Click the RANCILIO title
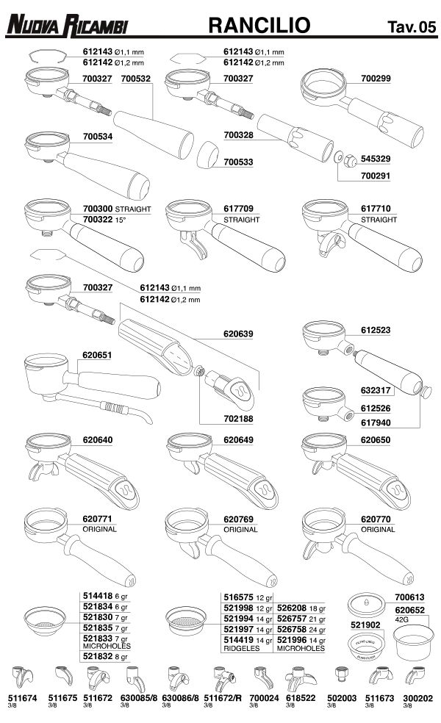[x=259, y=25]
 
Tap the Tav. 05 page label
[x=412, y=26]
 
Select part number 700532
[x=136, y=79]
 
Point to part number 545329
[x=376, y=159]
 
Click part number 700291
[x=376, y=176]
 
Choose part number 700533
[x=238, y=162]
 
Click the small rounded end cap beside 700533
[x=207, y=155]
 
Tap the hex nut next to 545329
[x=351, y=160]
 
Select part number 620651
[x=97, y=355]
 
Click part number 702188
[x=238, y=419]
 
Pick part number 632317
[x=376, y=390]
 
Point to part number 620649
[x=238, y=440]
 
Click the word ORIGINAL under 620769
[x=240, y=530]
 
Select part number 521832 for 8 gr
[x=98, y=656]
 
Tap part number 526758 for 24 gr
[x=292, y=630]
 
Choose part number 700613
[x=409, y=597]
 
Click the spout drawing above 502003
[x=341, y=674]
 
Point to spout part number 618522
[x=301, y=698]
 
